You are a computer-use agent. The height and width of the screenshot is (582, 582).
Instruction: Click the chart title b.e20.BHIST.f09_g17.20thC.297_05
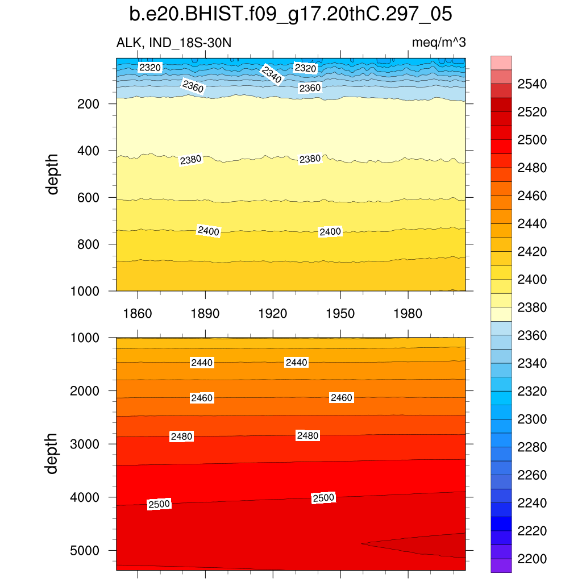pos(290,14)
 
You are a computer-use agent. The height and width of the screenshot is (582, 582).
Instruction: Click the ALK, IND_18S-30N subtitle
pos(174,43)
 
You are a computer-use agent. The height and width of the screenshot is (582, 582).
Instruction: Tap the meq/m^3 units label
pos(439,43)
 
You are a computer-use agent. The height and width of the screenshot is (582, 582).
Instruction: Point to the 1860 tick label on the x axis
pos(138,314)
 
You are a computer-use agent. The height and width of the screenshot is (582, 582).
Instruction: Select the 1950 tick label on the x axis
pos(340,314)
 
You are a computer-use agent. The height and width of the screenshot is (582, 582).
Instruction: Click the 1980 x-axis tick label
pos(408,314)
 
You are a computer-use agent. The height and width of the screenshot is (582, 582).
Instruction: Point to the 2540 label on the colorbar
pos(532,85)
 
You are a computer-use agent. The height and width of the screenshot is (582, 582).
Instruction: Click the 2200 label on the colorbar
pos(532,559)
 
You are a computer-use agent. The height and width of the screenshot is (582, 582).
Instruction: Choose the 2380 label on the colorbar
pos(532,307)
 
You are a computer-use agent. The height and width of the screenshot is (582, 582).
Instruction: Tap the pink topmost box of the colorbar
pos(501,63)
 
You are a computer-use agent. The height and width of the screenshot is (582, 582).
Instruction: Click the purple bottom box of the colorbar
pos(501,566)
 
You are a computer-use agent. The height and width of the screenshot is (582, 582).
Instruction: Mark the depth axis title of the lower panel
pos(53,453)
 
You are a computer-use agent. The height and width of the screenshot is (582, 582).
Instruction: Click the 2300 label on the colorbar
pos(532,419)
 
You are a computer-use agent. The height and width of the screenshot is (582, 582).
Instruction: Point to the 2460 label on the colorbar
pos(532,196)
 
